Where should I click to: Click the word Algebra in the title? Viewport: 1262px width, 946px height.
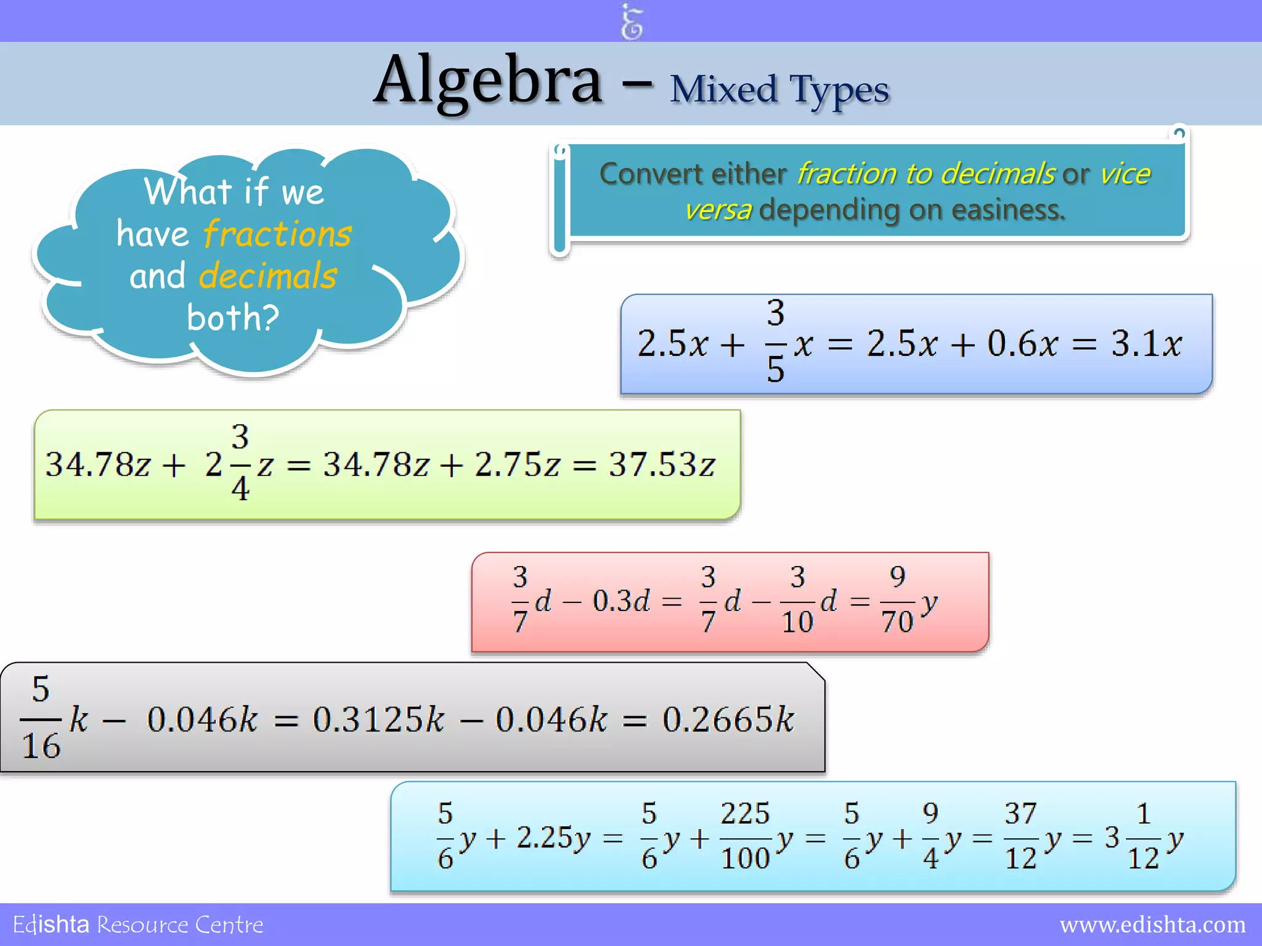(x=488, y=81)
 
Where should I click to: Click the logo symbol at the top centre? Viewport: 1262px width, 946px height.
(x=632, y=22)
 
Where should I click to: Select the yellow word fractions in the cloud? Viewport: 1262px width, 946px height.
(x=277, y=234)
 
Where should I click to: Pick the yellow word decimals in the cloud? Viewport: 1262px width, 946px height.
(x=268, y=276)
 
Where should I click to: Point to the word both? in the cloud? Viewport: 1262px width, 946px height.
(x=233, y=318)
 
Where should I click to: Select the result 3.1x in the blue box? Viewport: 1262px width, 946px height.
(x=1146, y=344)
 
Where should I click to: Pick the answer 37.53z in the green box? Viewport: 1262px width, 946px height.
(x=662, y=464)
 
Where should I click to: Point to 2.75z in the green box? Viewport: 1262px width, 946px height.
(x=518, y=464)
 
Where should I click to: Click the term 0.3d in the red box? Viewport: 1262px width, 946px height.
(x=621, y=601)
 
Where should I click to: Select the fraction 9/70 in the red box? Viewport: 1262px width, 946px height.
(x=897, y=600)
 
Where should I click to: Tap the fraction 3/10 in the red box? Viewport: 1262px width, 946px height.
(x=797, y=600)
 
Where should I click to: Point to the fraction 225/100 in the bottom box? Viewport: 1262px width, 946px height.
(x=746, y=836)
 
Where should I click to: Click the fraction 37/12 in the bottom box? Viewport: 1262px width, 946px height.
(x=1020, y=836)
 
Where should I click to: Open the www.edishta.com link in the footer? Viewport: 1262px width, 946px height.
(x=1152, y=925)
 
